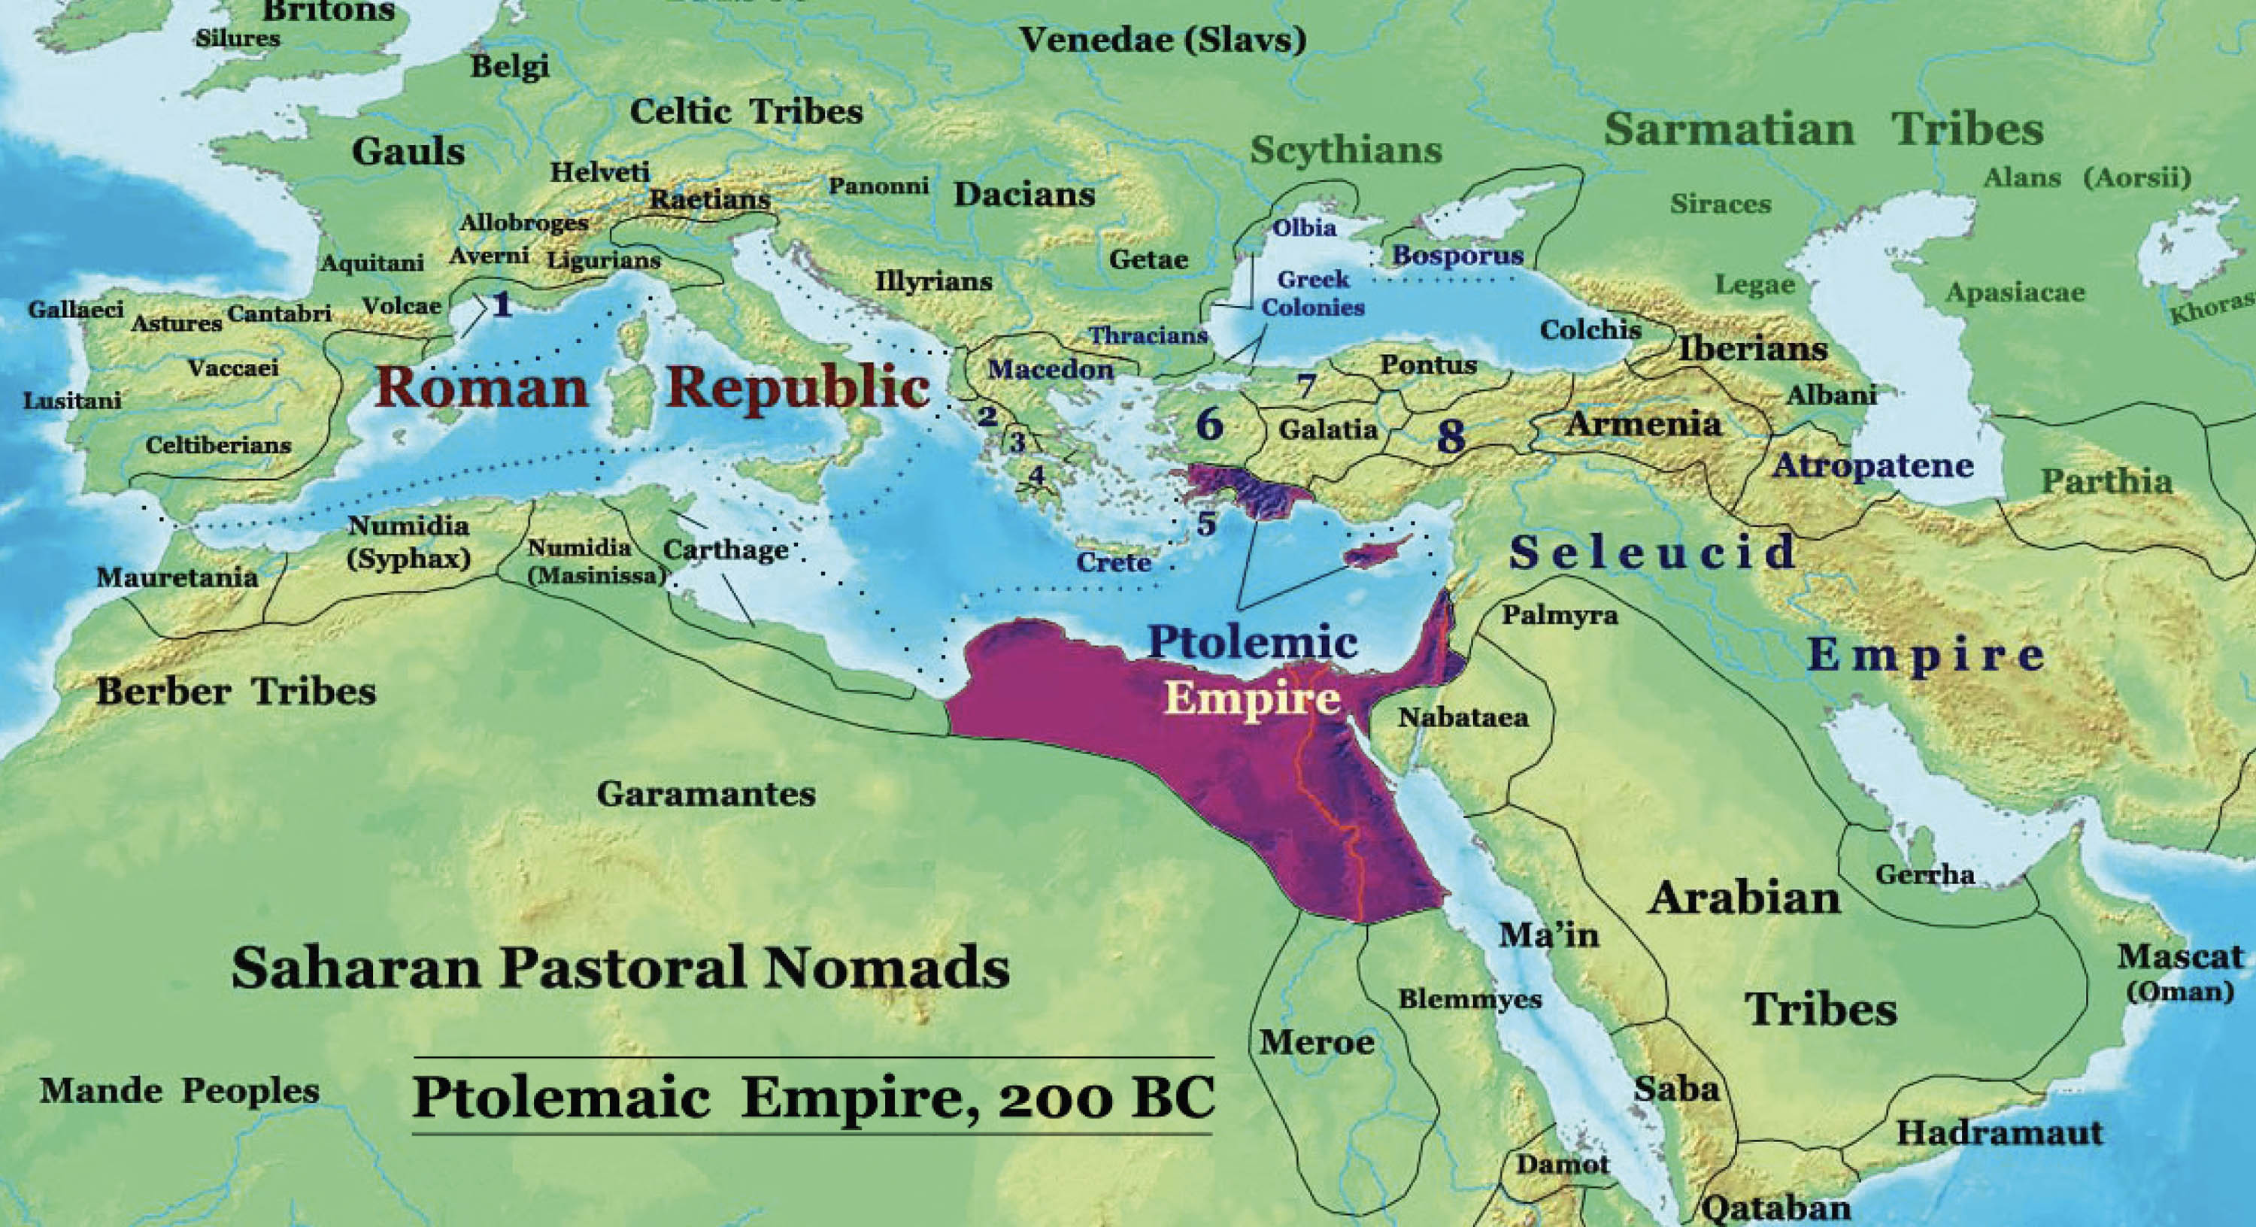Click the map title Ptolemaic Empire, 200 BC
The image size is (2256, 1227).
click(813, 1098)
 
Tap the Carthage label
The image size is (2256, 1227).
click(725, 550)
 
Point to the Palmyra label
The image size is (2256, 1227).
click(1560, 616)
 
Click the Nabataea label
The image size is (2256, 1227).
click(1463, 718)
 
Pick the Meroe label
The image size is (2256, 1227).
click(1316, 1042)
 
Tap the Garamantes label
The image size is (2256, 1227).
click(706, 795)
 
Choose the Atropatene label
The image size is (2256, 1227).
click(1872, 465)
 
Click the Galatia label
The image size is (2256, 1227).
click(1328, 430)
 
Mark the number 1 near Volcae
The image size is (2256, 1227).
click(502, 304)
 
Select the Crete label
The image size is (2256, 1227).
click(1113, 562)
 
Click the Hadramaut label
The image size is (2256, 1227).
click(2000, 1133)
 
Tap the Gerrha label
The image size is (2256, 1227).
click(1924, 874)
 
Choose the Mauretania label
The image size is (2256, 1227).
click(177, 577)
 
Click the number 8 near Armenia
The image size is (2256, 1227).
click(1451, 437)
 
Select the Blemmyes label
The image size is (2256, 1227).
click(1469, 998)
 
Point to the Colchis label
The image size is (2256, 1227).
click(1590, 329)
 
